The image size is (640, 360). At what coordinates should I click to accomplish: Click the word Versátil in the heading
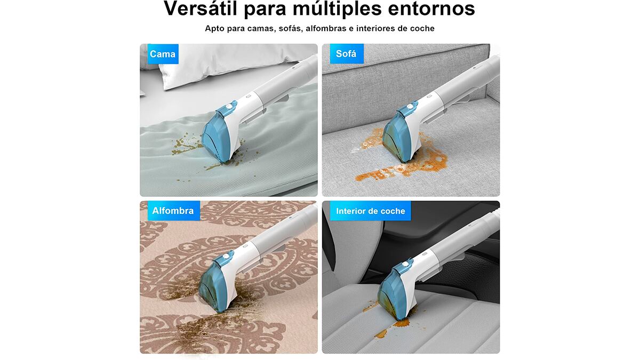(x=201, y=9)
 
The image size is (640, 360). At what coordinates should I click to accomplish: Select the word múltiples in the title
(x=337, y=9)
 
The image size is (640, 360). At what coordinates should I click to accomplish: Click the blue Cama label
(x=163, y=54)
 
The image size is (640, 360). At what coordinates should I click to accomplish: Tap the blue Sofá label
(x=347, y=53)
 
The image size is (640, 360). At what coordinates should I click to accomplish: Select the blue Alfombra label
(x=174, y=211)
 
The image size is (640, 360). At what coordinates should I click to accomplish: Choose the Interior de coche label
(x=371, y=211)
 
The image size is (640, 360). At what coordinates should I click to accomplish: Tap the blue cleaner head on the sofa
(x=398, y=135)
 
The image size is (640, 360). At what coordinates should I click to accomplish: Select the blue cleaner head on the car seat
(x=394, y=291)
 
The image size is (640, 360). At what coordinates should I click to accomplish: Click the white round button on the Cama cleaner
(x=229, y=107)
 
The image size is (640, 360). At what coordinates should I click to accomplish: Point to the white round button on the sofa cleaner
(x=410, y=107)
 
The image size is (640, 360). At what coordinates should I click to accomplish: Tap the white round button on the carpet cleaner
(x=226, y=257)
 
